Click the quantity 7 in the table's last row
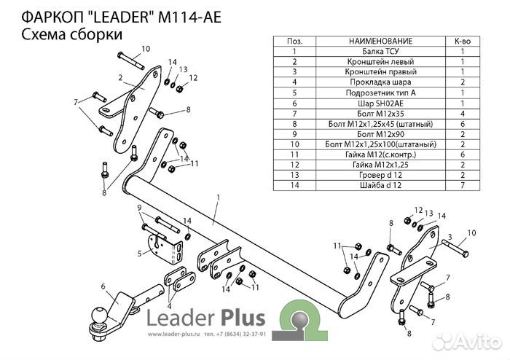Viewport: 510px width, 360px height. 462,186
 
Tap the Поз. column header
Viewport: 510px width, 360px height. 294,42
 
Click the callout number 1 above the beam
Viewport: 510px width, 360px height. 218,197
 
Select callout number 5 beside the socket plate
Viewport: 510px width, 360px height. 139,254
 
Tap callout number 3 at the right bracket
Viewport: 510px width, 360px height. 450,238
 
